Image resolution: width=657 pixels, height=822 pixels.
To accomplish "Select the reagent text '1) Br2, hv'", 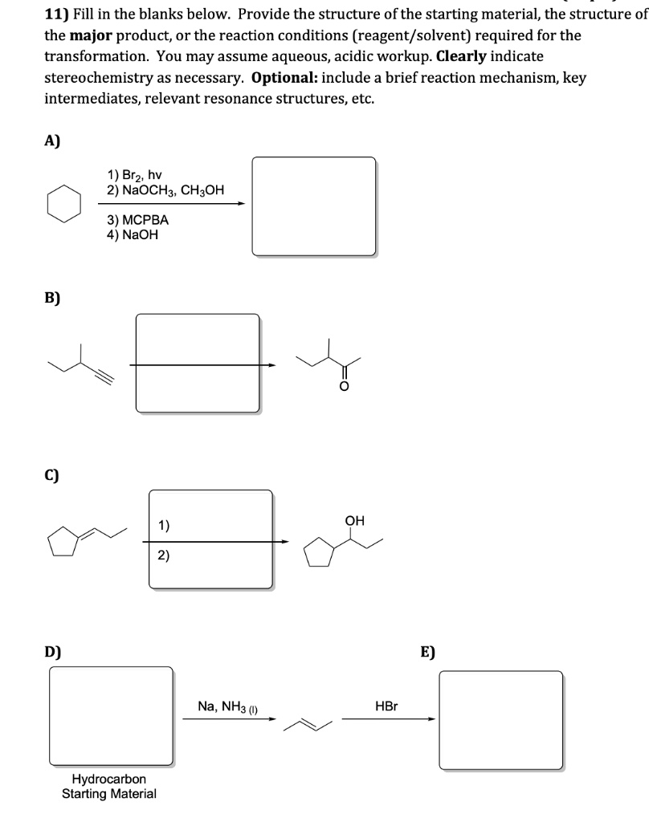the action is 134,174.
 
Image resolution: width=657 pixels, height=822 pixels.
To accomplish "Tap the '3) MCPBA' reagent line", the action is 137,219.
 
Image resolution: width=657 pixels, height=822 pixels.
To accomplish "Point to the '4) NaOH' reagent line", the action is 132,234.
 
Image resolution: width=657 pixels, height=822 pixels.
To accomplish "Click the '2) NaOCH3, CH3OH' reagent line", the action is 165,189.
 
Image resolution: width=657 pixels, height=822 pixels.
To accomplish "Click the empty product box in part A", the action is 313,205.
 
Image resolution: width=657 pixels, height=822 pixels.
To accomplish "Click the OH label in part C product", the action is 354,520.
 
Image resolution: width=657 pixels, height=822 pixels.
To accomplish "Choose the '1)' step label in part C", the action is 164,526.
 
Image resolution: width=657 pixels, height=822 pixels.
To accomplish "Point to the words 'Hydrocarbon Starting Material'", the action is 109,786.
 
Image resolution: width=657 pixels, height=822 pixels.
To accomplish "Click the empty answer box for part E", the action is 501,719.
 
